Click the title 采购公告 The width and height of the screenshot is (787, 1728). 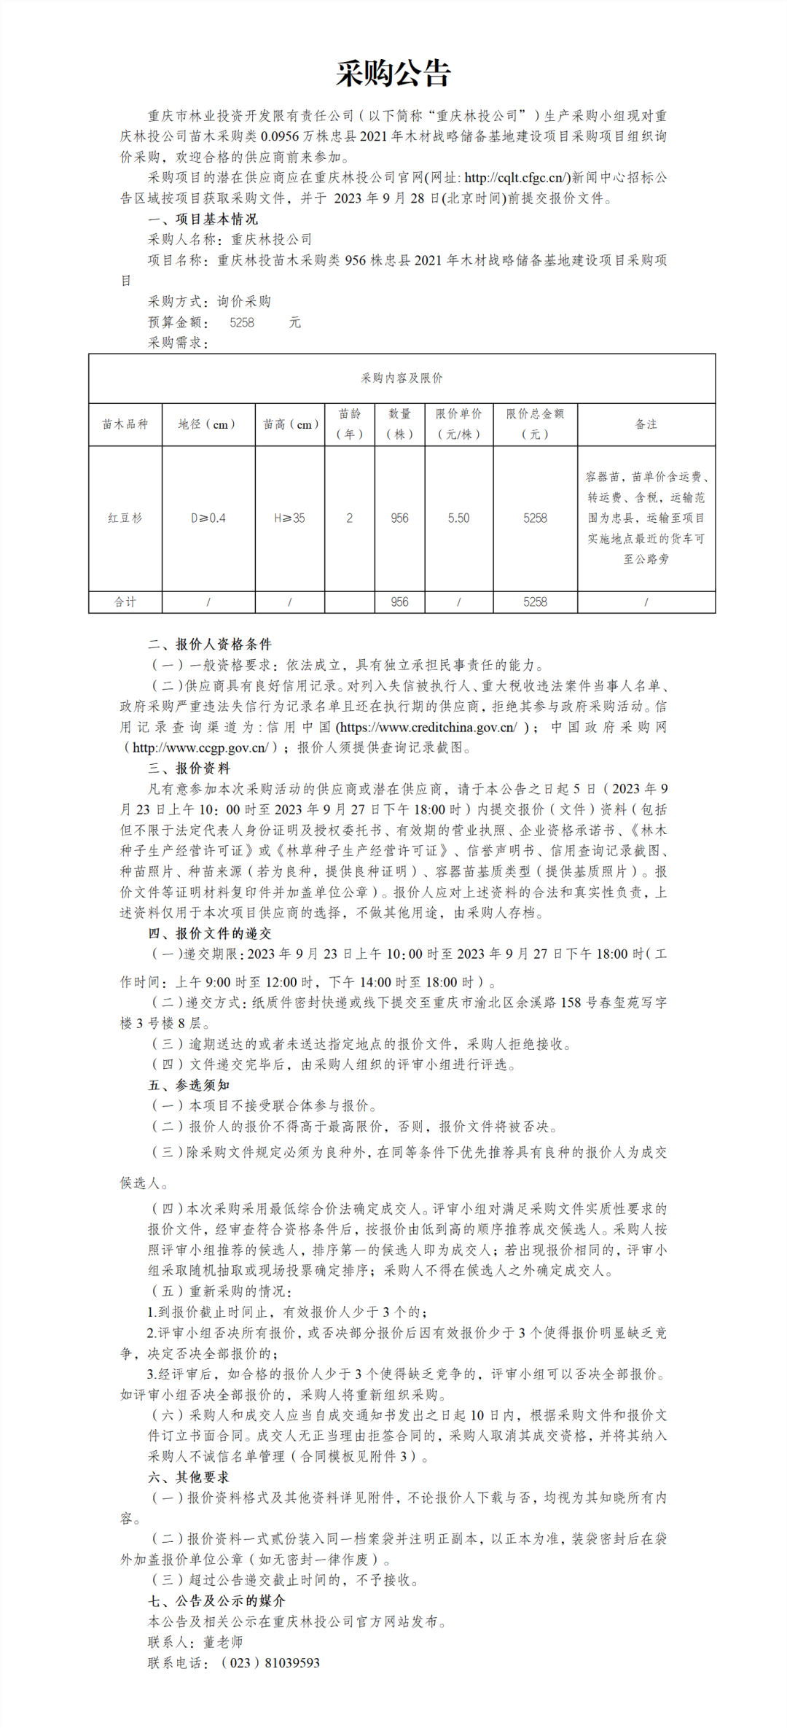pos(393,74)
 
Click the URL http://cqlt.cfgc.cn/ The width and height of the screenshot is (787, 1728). pos(517,177)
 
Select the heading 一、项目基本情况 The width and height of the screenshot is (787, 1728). pos(203,219)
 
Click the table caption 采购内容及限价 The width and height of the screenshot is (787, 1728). pos(402,378)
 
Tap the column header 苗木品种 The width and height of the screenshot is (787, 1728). pos(125,424)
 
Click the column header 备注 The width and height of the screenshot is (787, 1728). pos(646,424)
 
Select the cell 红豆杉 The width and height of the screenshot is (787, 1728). pos(125,518)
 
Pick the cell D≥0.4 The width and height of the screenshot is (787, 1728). pos(208,518)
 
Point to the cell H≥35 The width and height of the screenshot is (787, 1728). pos(289,518)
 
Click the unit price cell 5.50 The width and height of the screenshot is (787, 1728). pos(458,518)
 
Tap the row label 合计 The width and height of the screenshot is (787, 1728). pos(125,602)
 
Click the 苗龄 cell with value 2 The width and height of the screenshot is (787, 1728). pos(349,518)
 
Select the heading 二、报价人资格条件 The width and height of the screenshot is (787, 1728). pos(210,644)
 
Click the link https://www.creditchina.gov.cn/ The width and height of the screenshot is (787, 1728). pos(428,727)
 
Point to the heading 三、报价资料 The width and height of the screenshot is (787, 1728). pos(189,768)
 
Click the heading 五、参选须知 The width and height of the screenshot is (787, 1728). pos(189,1085)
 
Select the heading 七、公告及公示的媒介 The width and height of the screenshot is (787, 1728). pos(216,1601)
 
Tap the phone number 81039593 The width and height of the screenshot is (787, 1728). pos(292,1663)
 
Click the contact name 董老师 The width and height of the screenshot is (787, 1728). pos(223,1642)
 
